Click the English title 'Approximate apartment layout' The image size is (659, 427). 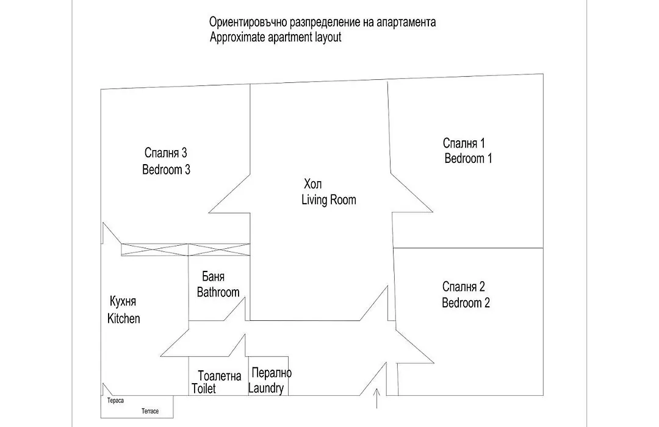pyautogui.click(x=275, y=37)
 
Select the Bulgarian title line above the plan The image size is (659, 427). pyautogui.click(x=322, y=22)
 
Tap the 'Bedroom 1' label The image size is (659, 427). pyautogui.click(x=468, y=159)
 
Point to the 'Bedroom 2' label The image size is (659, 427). pyautogui.click(x=466, y=303)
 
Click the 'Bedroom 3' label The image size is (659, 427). pyautogui.click(x=166, y=170)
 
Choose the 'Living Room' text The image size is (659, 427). pyautogui.click(x=329, y=199)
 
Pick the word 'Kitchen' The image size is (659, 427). pyautogui.click(x=123, y=318)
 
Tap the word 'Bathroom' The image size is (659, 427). pyautogui.click(x=218, y=292)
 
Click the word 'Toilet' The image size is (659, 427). pyautogui.click(x=204, y=389)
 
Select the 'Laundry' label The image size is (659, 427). pyautogui.click(x=265, y=389)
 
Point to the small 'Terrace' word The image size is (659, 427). pyautogui.click(x=150, y=411)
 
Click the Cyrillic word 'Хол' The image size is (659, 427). pyautogui.click(x=312, y=184)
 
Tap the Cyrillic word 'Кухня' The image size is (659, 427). pyautogui.click(x=123, y=301)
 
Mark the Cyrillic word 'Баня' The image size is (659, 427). pyautogui.click(x=213, y=276)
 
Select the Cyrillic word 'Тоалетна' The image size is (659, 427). pyautogui.click(x=220, y=376)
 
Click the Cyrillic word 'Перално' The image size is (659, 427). pyautogui.click(x=272, y=372)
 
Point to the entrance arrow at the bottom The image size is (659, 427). pyautogui.click(x=377, y=399)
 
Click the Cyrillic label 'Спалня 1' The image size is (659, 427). pyautogui.click(x=464, y=143)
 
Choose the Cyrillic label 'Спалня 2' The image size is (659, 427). pyautogui.click(x=464, y=287)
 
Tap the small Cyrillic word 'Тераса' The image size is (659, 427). pyautogui.click(x=115, y=401)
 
